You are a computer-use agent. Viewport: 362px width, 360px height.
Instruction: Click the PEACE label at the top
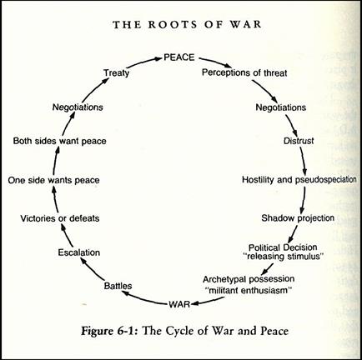click(x=179, y=57)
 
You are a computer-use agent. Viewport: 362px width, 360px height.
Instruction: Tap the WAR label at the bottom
click(x=179, y=304)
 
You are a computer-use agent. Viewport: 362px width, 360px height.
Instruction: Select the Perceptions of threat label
click(x=244, y=72)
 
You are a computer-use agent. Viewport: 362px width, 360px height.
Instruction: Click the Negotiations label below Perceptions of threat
click(x=281, y=107)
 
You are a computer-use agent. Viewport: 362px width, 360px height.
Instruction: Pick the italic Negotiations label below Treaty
click(x=78, y=107)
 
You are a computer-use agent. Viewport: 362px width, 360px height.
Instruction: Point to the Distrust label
click(x=299, y=141)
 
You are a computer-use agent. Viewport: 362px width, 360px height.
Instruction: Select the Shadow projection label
click(x=298, y=218)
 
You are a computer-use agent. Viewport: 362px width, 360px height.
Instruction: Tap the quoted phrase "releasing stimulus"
click(x=284, y=256)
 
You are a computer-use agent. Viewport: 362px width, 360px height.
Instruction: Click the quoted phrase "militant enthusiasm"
click(x=249, y=291)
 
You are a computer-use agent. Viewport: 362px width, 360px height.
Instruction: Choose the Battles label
click(x=118, y=286)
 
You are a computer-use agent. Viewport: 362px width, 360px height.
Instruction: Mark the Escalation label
click(x=79, y=252)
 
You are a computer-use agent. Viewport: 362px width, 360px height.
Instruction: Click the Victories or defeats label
click(x=60, y=218)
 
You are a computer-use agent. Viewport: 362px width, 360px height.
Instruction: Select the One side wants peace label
click(x=53, y=180)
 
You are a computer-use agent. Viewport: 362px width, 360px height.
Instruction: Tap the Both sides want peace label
click(x=60, y=141)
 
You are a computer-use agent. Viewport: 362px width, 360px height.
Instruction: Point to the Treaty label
click(x=117, y=72)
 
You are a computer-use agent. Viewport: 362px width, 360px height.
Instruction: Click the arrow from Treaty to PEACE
click(x=144, y=62)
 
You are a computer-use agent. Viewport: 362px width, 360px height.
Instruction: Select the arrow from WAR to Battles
click(x=144, y=298)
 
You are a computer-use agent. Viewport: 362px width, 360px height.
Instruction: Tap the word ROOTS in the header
click(x=173, y=24)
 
